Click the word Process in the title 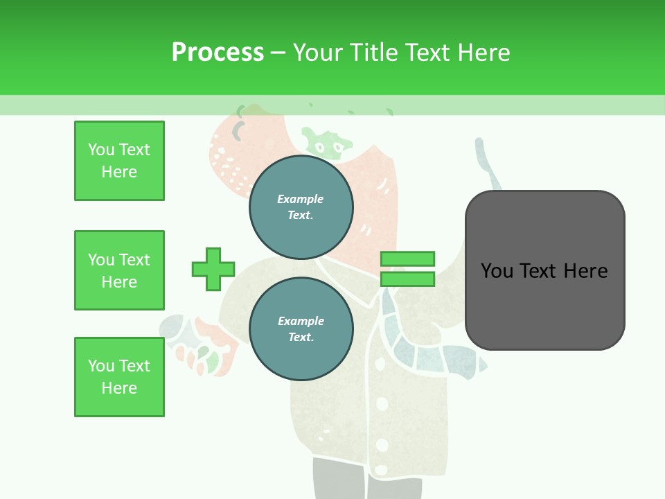[x=218, y=52]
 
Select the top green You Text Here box [x=119, y=161]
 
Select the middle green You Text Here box [x=119, y=270]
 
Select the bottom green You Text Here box [x=119, y=377]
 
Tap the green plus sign [x=213, y=269]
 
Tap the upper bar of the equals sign [x=407, y=259]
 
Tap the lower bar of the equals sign [x=407, y=279]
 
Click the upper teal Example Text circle [x=301, y=207]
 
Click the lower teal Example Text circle [x=301, y=329]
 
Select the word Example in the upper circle [x=300, y=199]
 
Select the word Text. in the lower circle [x=301, y=337]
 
